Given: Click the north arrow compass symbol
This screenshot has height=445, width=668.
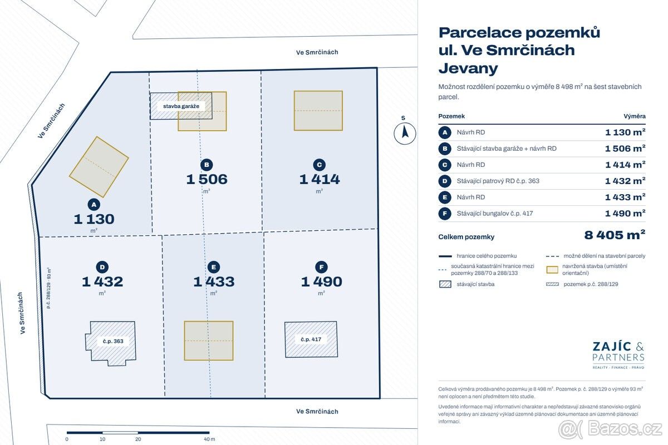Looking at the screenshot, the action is pos(405,133).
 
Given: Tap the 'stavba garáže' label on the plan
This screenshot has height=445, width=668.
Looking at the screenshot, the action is pos(181,106).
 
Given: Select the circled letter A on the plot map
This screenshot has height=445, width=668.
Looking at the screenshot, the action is pos(94,205).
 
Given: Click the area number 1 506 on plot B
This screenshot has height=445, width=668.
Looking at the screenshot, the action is pos(207,179).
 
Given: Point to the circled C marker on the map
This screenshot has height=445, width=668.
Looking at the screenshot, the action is pos(319,165).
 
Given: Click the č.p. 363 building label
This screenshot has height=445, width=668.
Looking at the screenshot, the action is pos(113,341).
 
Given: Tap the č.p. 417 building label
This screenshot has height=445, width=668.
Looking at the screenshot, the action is pos(311,339).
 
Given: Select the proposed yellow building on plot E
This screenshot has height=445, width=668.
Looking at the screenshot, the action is pos(209,340).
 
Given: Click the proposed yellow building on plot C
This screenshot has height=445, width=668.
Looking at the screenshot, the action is pos(318,111).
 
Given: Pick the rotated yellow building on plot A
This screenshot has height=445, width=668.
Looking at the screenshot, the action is pos(99,167).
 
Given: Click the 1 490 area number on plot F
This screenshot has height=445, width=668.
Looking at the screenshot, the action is pos(322,281).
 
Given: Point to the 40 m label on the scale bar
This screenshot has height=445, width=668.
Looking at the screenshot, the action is pos(209,439).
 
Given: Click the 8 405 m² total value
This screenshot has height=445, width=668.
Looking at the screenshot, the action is pos(615,235).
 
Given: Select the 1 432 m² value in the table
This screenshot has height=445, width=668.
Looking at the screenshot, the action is pos(625,181).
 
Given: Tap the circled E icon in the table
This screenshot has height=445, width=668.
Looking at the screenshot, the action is pos(445,197).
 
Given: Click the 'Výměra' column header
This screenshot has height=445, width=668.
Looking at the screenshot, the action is pos(634,116).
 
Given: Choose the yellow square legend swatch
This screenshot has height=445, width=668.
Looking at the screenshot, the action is pos(552,270).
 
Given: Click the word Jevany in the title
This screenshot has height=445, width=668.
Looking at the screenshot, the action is pos(468,68).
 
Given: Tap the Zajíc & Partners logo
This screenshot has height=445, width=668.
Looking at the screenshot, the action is pos(618,355).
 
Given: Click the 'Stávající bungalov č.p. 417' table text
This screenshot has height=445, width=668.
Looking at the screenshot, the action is pos(495,214).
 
